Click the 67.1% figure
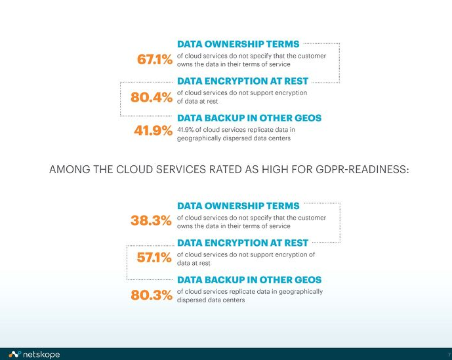(155, 60)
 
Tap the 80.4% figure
(152, 97)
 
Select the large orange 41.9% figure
(153, 130)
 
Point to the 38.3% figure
(151, 220)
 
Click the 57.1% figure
(154, 258)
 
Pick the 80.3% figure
(152, 295)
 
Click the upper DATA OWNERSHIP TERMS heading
(238, 44)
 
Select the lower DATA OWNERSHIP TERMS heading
(238, 206)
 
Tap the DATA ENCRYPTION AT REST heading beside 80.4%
(243, 81)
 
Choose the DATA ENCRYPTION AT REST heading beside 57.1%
(243, 243)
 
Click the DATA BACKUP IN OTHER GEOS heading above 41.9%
(249, 118)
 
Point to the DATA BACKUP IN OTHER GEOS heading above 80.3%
(249, 279)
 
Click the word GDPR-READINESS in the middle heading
(362, 169)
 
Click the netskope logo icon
(14, 354)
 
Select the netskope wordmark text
(41, 354)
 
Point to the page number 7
(449, 355)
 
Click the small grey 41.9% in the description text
(186, 130)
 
